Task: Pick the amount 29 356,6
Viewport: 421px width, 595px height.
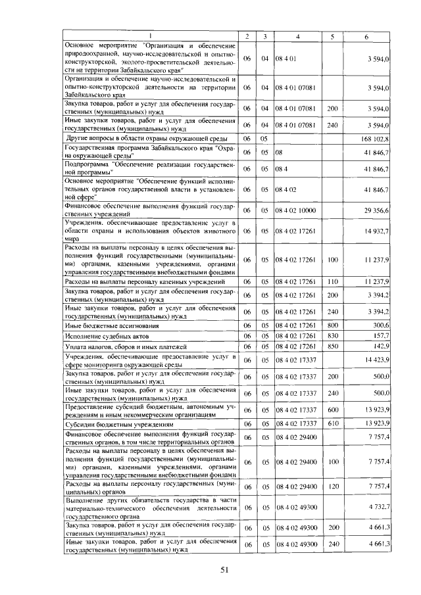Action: click(377, 210)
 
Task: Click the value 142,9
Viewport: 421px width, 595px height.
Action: click(382, 346)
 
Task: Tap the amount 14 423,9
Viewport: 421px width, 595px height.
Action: click(377, 360)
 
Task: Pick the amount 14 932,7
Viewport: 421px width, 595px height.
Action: click(377, 231)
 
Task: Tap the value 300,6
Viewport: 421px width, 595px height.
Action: click(382, 325)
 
